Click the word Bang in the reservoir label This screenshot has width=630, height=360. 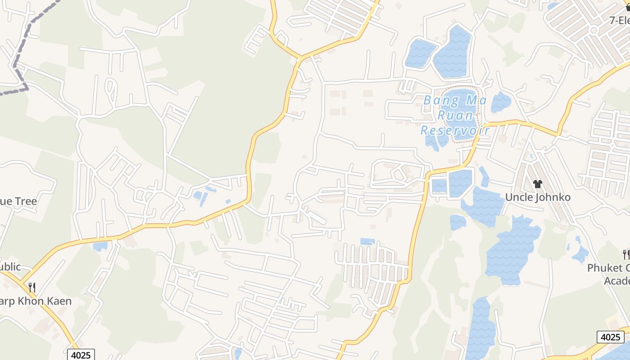441,100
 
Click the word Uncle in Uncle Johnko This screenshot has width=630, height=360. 519,197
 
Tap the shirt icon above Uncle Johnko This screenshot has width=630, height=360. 537,184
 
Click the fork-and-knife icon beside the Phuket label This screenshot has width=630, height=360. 625,254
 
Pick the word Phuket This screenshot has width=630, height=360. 607,268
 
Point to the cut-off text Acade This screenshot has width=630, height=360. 616,281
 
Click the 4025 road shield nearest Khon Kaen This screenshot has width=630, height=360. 81,355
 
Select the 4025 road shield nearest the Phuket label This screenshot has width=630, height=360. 611,337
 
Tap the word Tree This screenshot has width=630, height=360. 25,201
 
